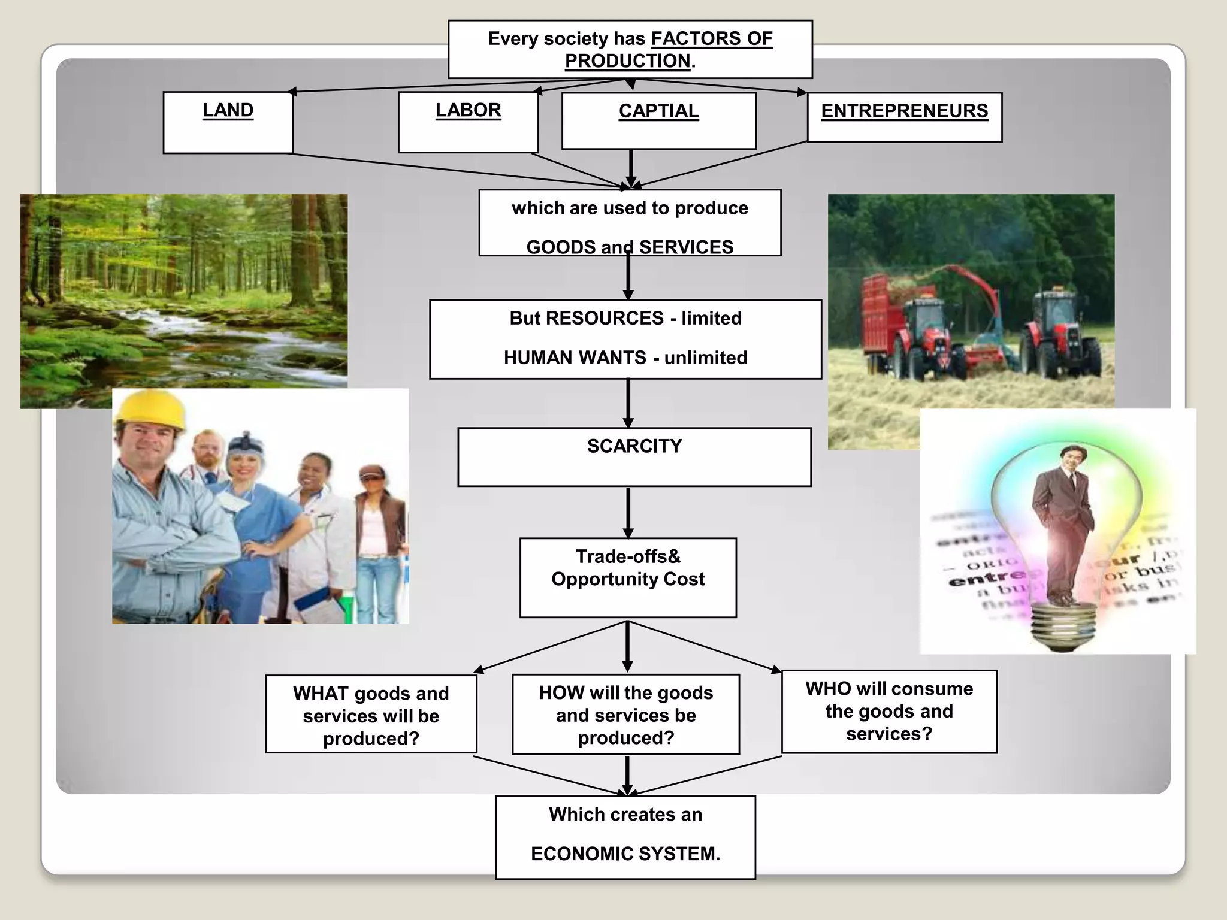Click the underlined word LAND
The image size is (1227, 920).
tap(228, 110)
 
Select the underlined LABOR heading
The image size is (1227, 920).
tap(468, 110)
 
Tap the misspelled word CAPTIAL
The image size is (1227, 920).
tap(658, 111)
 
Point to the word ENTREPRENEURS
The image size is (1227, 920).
tap(904, 111)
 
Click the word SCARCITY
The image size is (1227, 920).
tap(634, 446)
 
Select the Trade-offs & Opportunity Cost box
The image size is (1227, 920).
tap(628, 577)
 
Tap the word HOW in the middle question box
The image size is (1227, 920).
tap(561, 693)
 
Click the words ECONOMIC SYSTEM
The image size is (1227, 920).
tap(625, 854)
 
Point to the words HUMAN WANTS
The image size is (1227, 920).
tap(575, 358)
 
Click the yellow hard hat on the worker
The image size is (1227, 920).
tap(150, 408)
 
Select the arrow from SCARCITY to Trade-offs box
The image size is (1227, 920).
tap(628, 512)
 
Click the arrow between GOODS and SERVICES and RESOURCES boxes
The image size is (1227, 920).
tap(628, 279)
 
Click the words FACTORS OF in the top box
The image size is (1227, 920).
tap(712, 39)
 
